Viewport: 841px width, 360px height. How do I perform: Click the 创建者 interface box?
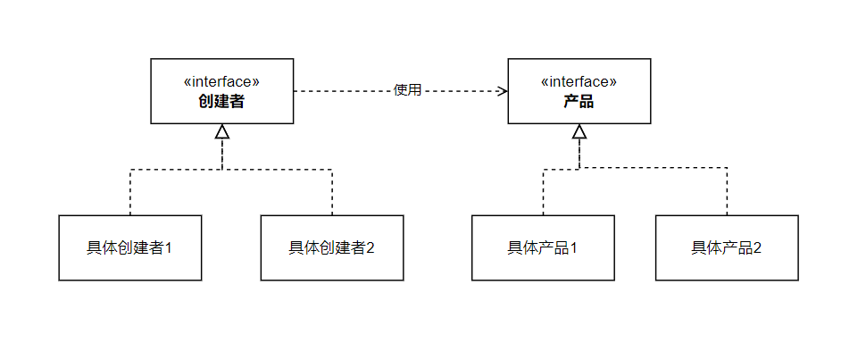[x=221, y=91]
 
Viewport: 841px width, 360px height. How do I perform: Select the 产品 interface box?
[x=579, y=91]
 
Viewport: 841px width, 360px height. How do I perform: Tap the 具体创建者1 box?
[x=129, y=247]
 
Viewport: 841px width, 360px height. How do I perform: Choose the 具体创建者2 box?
[x=331, y=247]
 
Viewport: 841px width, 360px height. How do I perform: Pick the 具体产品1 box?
[x=543, y=247]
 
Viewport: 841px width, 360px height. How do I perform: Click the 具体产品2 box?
[x=727, y=247]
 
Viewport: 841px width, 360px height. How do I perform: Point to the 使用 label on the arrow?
[x=407, y=90]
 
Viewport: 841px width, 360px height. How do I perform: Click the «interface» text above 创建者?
[x=221, y=81]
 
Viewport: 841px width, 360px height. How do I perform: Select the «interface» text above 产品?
[x=579, y=81]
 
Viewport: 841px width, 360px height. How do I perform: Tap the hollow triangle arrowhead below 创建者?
[x=221, y=132]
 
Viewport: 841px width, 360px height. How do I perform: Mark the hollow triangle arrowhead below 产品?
[x=579, y=132]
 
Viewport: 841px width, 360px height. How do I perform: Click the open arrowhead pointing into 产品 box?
[x=503, y=91]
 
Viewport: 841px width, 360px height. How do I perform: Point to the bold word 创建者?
[x=221, y=102]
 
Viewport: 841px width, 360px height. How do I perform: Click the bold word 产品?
[x=579, y=102]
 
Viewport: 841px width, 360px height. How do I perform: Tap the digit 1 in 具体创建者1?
[x=168, y=248]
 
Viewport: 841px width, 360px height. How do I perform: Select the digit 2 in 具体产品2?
[x=757, y=248]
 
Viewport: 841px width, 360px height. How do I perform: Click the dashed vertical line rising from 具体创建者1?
[x=129, y=192]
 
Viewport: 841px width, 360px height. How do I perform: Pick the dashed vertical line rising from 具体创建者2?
[x=332, y=192]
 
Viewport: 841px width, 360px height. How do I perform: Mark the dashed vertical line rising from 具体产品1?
[x=543, y=192]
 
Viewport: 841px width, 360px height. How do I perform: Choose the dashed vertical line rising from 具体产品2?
[x=727, y=192]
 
